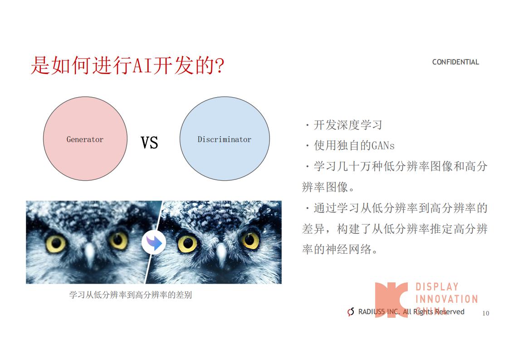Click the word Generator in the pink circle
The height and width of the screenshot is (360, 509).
(x=85, y=139)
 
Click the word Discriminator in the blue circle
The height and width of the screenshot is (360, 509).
(x=224, y=139)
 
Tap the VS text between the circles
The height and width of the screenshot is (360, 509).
(x=149, y=143)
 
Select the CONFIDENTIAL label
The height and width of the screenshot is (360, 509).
(x=455, y=62)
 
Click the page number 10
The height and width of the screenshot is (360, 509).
(x=485, y=313)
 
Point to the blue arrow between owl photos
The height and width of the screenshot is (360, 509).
(x=154, y=243)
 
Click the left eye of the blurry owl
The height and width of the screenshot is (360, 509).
(x=56, y=243)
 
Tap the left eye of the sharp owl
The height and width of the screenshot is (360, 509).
(x=188, y=243)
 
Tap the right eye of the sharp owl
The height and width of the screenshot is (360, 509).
(x=250, y=240)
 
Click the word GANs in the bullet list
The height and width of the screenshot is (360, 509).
(x=383, y=146)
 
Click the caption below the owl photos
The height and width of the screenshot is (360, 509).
(x=131, y=295)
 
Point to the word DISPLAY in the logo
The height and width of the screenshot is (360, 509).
(x=437, y=286)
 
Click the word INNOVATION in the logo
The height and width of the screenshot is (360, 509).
(x=447, y=299)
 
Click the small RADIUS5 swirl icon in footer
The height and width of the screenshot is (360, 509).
(x=351, y=312)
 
